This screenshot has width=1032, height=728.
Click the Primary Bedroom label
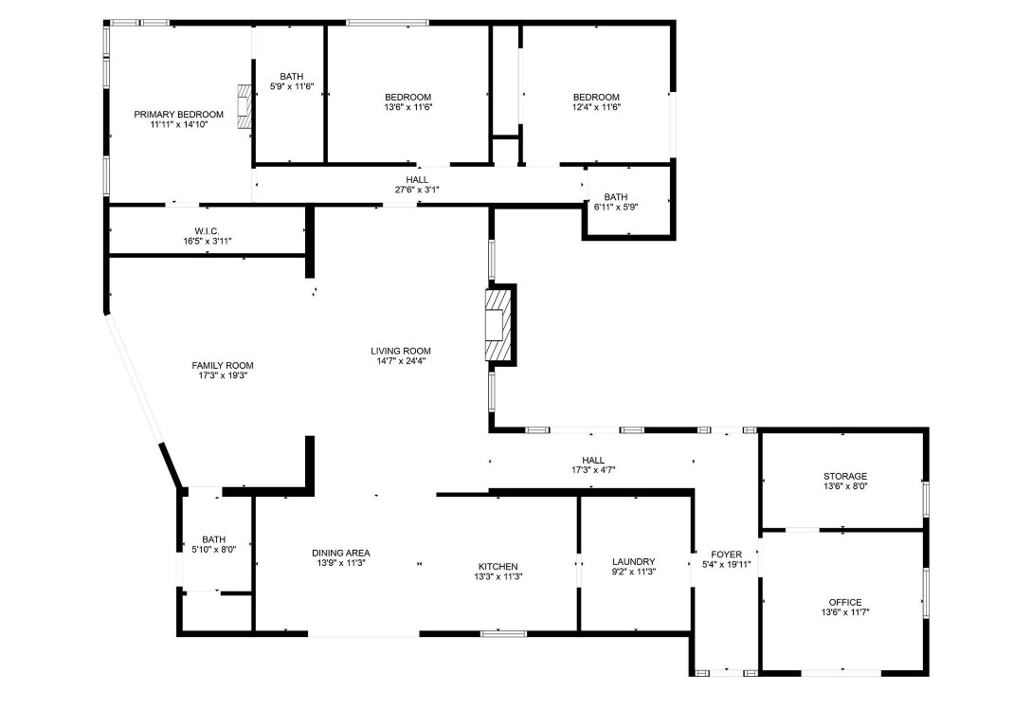point(179,114)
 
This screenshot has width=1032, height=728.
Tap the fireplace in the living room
point(498,324)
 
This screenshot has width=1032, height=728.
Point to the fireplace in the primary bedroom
point(244,106)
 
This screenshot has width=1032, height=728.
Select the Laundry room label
point(633,561)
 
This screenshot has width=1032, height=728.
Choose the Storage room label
point(844,476)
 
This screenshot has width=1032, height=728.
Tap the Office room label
point(844,602)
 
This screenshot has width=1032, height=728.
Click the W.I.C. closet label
point(208,230)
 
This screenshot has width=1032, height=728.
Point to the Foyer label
point(727,554)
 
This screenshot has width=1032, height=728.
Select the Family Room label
point(223,365)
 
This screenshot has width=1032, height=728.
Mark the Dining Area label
point(341,553)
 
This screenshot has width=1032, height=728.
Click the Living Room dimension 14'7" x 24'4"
point(401,361)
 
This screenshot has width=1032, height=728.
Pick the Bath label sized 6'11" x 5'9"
point(616,197)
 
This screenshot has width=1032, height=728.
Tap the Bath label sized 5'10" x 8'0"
point(214,539)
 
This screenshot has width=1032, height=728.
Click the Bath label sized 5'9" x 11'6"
point(291,77)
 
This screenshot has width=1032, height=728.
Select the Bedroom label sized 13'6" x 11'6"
point(408,97)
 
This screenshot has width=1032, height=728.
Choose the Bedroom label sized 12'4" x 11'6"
point(596,97)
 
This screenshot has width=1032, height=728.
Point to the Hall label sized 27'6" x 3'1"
point(417,179)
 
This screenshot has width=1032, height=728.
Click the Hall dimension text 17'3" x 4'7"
point(594,470)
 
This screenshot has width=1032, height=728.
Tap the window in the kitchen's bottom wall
point(503,633)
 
